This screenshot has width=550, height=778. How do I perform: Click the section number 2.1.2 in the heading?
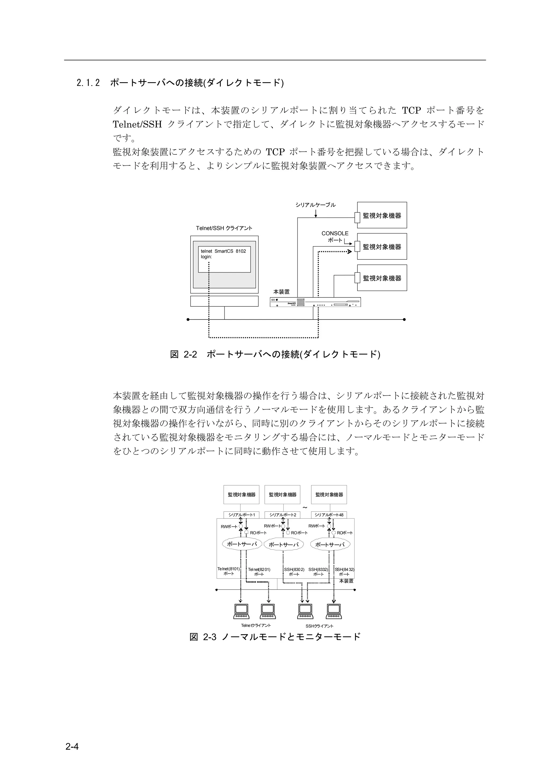pyautogui.click(x=88, y=83)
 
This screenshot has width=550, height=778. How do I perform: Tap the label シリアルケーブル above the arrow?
pyautogui.click(x=315, y=205)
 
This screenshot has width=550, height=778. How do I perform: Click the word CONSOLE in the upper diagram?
pyautogui.click(x=335, y=233)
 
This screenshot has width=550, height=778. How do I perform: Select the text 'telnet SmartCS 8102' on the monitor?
pyautogui.click(x=223, y=251)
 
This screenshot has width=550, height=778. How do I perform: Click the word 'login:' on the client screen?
pyautogui.click(x=206, y=257)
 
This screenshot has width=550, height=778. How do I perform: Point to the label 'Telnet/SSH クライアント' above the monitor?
pyautogui.click(x=224, y=228)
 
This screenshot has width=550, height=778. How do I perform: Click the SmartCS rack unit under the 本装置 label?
pyautogui.click(x=315, y=302)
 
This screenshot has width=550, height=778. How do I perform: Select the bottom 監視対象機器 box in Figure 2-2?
pyautogui.click(x=382, y=278)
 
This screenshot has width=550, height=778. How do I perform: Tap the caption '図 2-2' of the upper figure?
pyautogui.click(x=183, y=354)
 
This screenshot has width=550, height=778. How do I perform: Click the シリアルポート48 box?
pyautogui.click(x=329, y=515)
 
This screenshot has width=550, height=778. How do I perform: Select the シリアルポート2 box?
pyautogui.click(x=283, y=515)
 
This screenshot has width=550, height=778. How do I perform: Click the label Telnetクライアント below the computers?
pyautogui.click(x=256, y=625)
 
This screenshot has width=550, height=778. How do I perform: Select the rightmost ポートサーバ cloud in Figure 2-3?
pyautogui.click(x=330, y=545)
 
